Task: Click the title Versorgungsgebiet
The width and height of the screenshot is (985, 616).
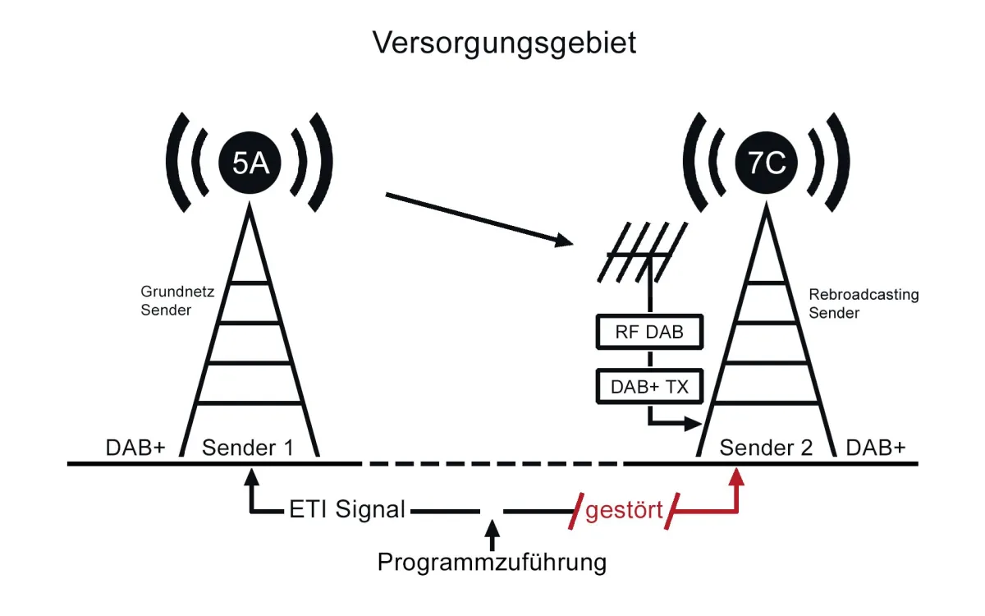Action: click(x=504, y=43)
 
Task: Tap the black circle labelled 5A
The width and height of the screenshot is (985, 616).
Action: click(x=250, y=163)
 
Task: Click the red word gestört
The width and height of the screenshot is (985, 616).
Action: click(x=624, y=510)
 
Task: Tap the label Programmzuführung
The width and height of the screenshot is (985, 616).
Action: click(x=492, y=563)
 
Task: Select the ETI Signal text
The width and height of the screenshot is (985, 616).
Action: click(x=347, y=509)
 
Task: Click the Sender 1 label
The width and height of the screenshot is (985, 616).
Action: click(x=248, y=448)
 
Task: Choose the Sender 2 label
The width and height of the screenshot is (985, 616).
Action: click(x=766, y=448)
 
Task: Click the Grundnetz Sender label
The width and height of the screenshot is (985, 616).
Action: click(x=167, y=301)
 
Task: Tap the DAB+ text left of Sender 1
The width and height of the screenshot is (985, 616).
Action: click(x=135, y=448)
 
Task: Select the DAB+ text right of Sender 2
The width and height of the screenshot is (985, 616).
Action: click(x=876, y=448)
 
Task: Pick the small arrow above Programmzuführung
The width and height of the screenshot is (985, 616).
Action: click(x=492, y=531)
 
